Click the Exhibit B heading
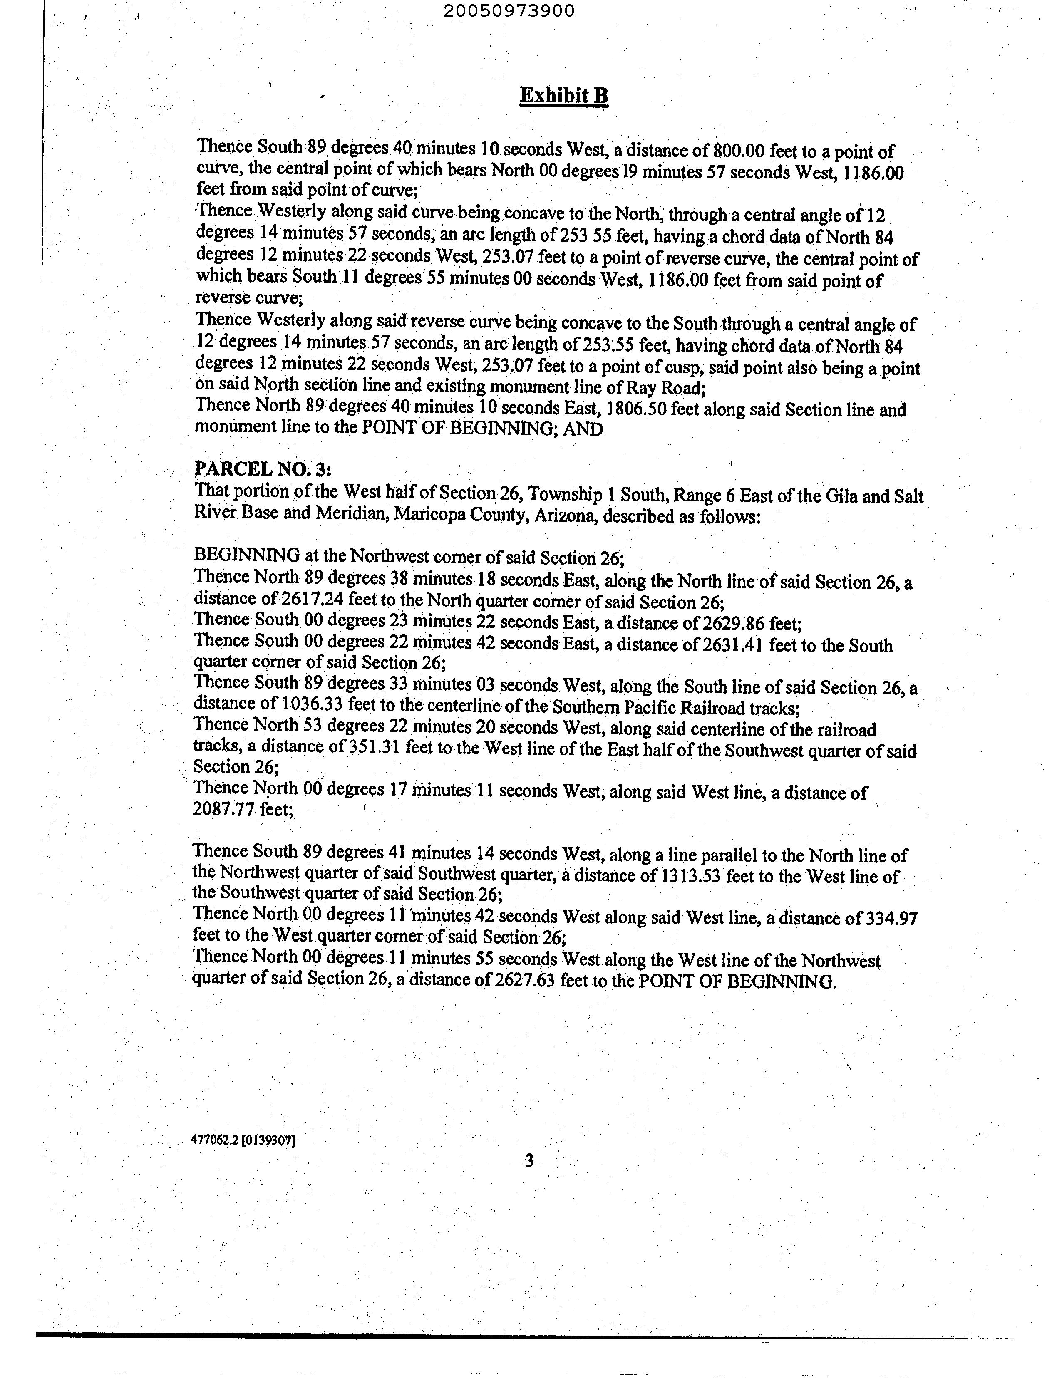click(563, 96)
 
